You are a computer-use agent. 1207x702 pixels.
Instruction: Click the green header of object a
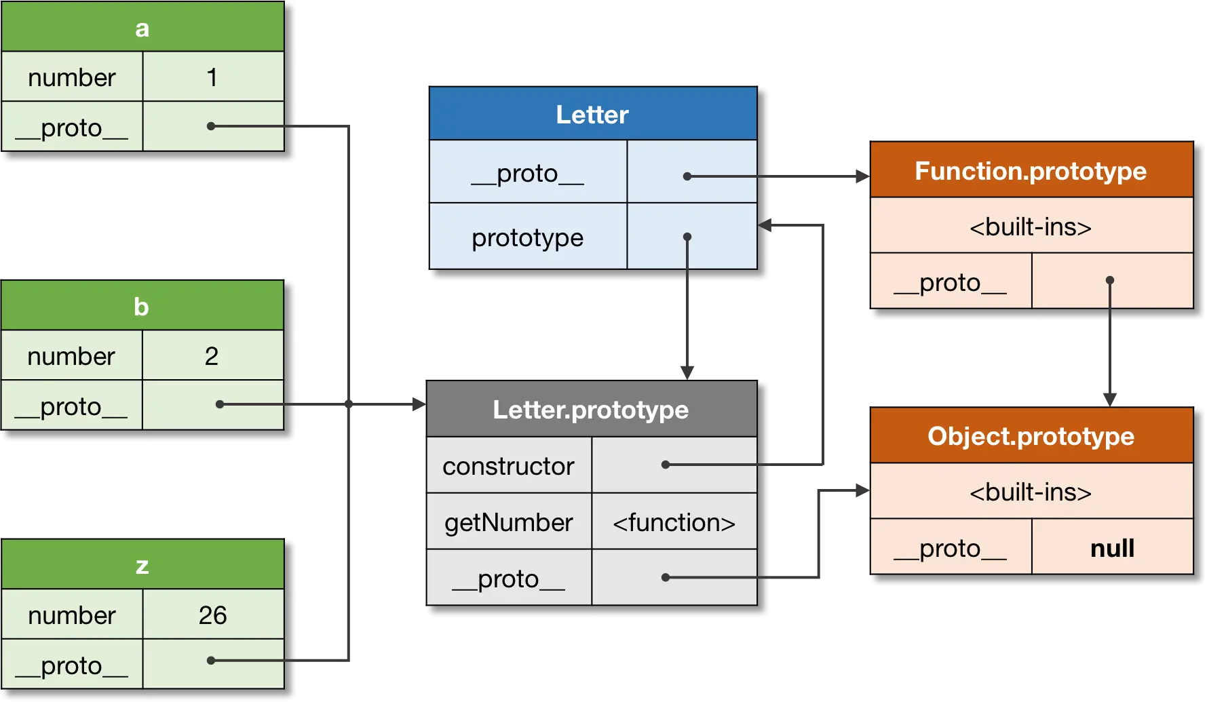[x=142, y=28]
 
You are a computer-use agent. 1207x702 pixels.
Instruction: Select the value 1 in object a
[x=212, y=77]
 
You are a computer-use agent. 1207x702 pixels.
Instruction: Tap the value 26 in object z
[x=212, y=615]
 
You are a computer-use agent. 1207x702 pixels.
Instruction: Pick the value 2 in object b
[x=212, y=356]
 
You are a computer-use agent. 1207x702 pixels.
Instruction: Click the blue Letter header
[x=592, y=114]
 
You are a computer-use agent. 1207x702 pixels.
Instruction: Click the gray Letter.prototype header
[x=590, y=410]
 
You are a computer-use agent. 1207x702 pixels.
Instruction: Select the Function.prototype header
[x=1031, y=171]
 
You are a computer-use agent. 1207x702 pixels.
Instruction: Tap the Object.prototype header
[x=1031, y=436]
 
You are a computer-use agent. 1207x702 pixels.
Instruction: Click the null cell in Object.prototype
[x=1112, y=548]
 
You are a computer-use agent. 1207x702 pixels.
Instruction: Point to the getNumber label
[x=508, y=522]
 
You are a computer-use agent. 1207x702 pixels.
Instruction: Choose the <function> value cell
[x=674, y=522]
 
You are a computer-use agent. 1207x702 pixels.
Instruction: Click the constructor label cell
[x=508, y=466]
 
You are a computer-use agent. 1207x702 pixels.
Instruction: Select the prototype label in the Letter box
[x=527, y=237]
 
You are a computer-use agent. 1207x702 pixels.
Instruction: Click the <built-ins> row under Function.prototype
[x=1031, y=227]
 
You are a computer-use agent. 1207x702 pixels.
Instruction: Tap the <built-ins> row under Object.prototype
[x=1031, y=492]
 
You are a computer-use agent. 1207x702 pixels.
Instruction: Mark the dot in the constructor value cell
[x=666, y=465]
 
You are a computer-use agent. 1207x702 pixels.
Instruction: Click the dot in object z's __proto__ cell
[x=211, y=660]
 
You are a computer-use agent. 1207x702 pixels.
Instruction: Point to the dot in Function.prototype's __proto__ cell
[x=1110, y=280]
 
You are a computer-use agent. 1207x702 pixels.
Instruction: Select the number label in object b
[x=71, y=356]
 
